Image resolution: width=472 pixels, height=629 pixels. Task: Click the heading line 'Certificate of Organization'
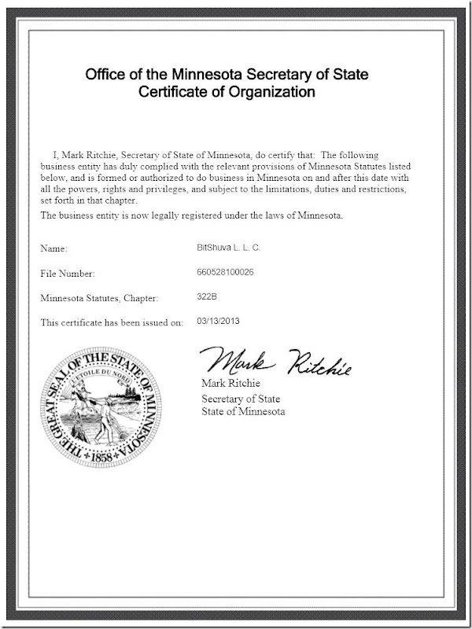coord(227,92)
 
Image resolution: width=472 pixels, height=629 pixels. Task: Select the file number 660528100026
coord(226,272)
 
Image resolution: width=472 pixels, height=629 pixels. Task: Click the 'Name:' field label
coord(54,248)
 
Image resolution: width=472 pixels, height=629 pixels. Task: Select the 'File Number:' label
coord(67,274)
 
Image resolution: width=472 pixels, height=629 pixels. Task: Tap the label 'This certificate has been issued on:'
coord(111,322)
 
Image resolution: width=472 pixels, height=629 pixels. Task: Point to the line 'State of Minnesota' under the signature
coord(243,411)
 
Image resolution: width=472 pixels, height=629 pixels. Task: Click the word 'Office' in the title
coord(105,75)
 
